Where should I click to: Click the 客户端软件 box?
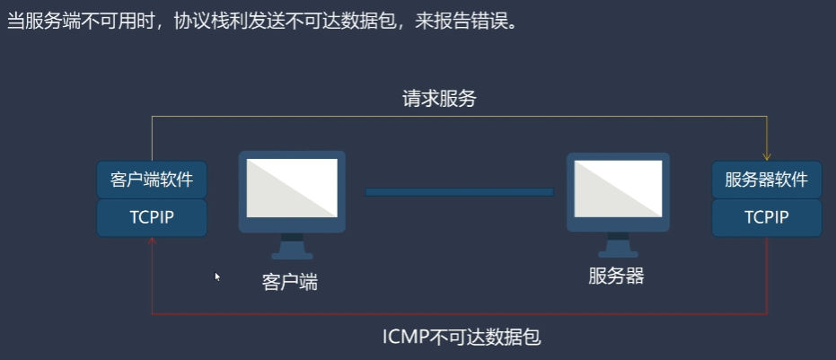(x=152, y=180)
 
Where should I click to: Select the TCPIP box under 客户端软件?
(x=152, y=217)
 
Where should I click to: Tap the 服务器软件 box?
(x=766, y=180)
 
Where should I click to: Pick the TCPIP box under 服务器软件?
(x=766, y=217)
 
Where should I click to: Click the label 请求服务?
(x=439, y=100)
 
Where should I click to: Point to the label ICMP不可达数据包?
(x=462, y=338)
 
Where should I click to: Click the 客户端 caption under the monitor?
(x=290, y=282)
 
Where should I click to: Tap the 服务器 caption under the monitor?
(x=616, y=276)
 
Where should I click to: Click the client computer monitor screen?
(x=292, y=188)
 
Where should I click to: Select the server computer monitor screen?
(x=620, y=188)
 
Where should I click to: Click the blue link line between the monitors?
(x=459, y=191)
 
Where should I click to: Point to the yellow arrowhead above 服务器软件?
(x=767, y=154)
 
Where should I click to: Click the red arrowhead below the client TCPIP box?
(x=152, y=241)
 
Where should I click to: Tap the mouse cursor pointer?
(x=217, y=277)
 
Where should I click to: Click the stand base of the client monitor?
(x=292, y=254)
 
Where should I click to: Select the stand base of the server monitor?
(x=620, y=254)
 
